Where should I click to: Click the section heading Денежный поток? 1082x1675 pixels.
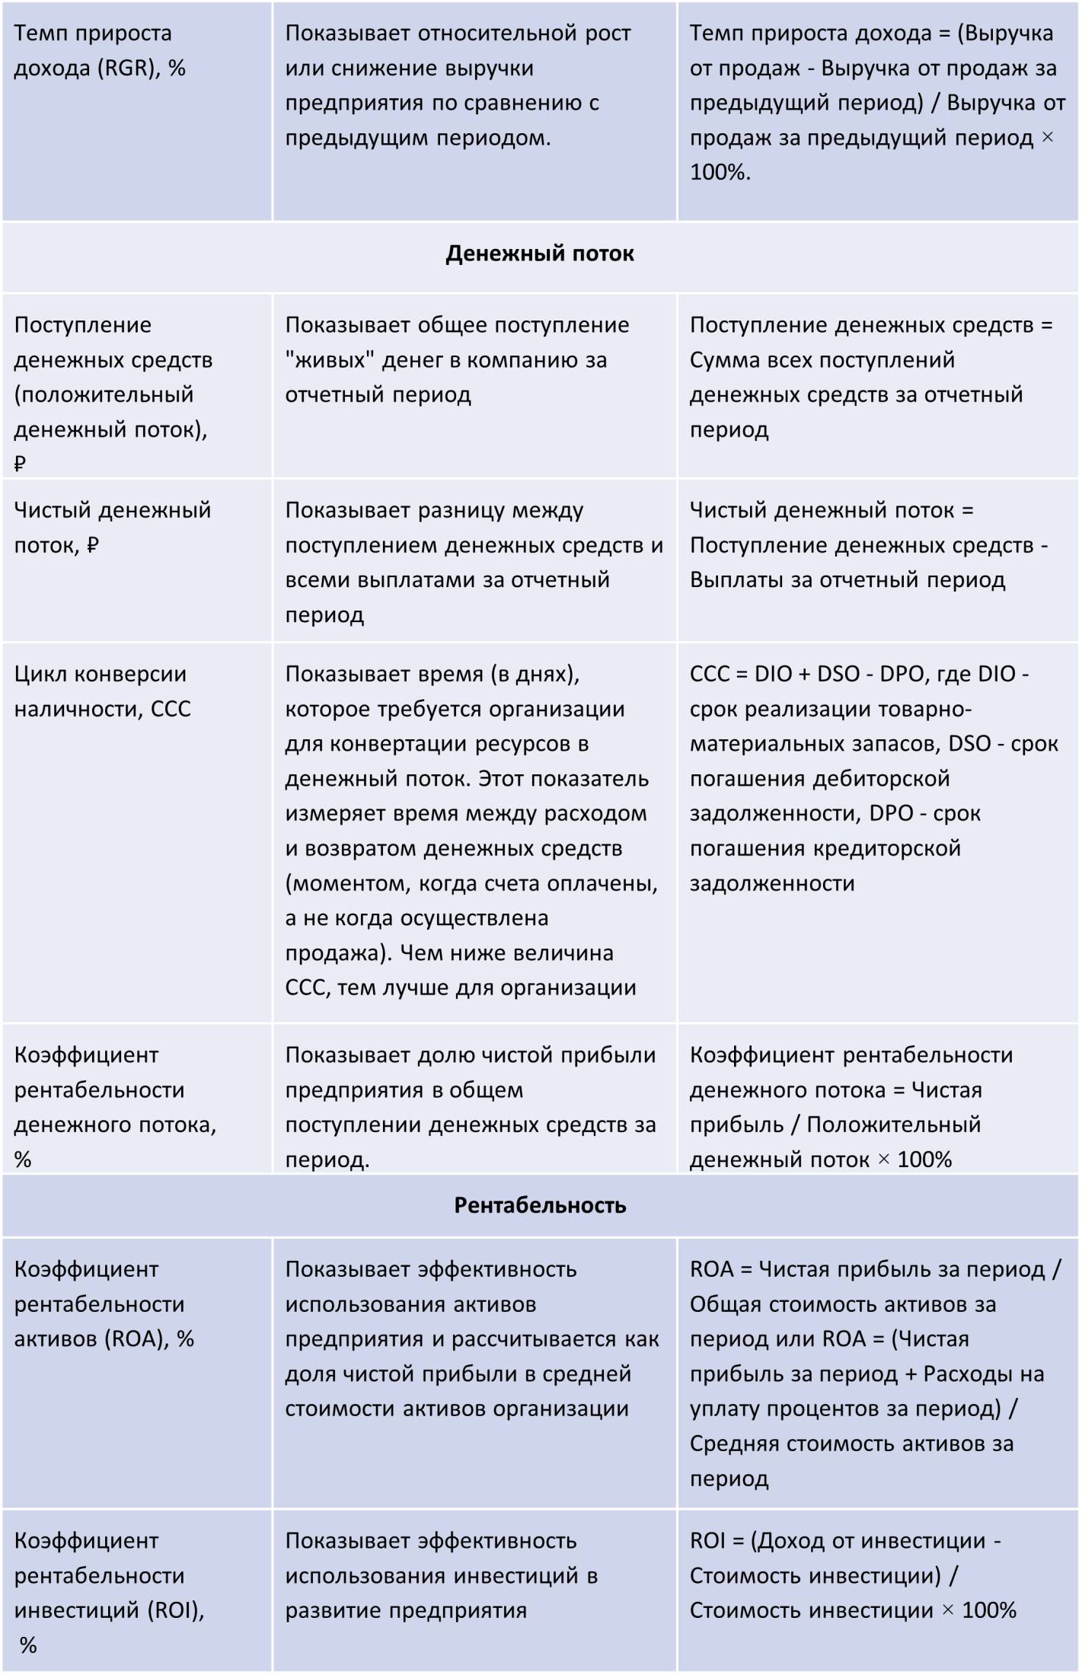539,254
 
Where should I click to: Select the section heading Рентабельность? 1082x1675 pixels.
540,1205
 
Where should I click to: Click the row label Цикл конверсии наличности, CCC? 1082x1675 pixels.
102,691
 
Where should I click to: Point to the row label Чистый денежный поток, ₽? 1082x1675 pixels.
112,527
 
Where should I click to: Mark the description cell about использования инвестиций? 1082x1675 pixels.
441,1575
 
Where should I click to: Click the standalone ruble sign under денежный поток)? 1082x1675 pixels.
21,464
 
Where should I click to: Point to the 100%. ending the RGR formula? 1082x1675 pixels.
720,172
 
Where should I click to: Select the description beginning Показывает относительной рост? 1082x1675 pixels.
458,85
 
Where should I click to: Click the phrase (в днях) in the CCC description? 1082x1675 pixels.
535,674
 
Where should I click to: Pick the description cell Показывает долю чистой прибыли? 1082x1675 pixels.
470,1107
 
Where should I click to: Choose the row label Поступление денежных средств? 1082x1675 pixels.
113,378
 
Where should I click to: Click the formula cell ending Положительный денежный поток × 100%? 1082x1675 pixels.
851,1107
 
